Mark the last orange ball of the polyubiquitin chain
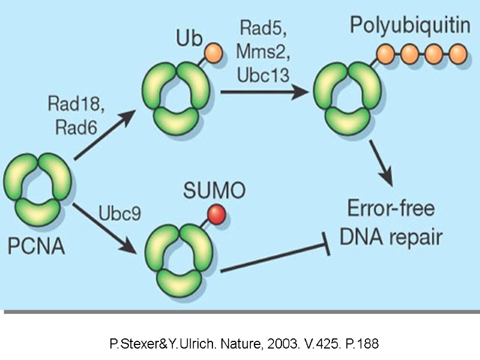click(x=457, y=55)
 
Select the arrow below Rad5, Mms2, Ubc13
click(x=260, y=91)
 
